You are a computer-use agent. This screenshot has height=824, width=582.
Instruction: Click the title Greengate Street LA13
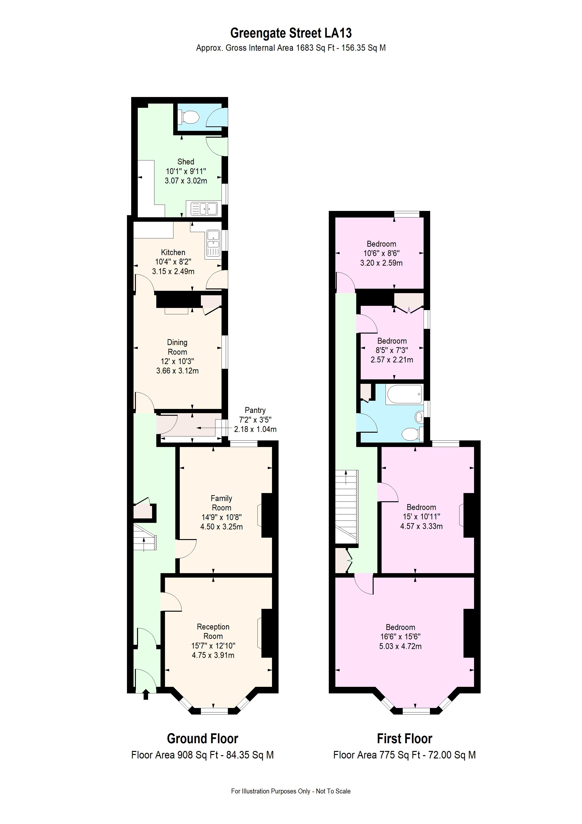[x=291, y=33]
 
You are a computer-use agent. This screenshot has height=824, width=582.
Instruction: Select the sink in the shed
[x=204, y=209]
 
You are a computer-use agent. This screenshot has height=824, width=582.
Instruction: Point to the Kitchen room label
[x=173, y=252]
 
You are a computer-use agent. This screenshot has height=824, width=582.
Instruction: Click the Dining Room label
[x=177, y=347]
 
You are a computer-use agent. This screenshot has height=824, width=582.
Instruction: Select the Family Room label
[x=221, y=503]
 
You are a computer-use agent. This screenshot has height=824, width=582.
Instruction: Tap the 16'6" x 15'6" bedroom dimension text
[x=400, y=636]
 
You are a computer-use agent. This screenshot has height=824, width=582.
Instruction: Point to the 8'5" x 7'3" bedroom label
[x=392, y=341]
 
